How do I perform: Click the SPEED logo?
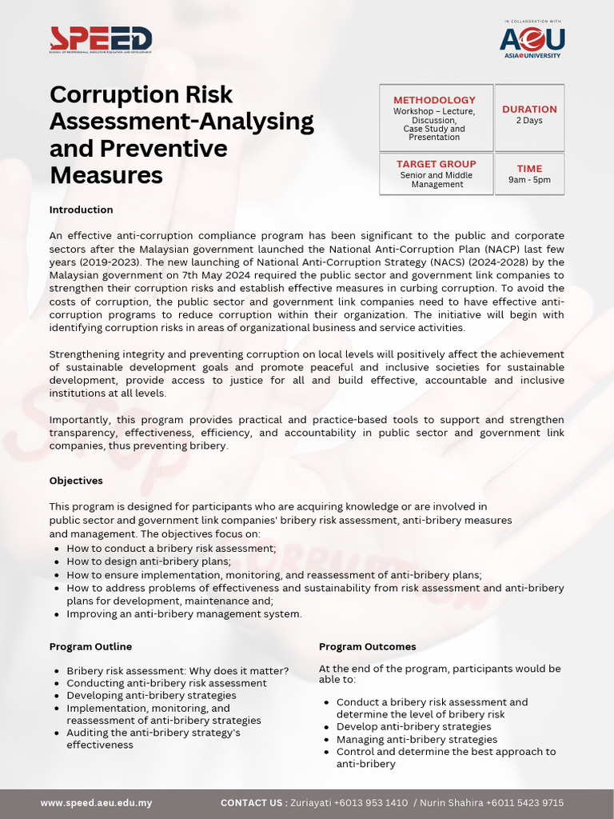(101, 39)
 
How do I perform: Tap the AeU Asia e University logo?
(532, 40)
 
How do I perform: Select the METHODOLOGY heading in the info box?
(435, 100)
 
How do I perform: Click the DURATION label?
(529, 109)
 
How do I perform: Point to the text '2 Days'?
(529, 121)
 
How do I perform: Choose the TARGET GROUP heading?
(437, 164)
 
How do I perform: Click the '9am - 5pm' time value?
(529, 180)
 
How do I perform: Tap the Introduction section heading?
(81, 210)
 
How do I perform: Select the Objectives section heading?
(76, 481)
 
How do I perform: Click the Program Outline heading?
(90, 646)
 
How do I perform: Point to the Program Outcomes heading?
(367, 646)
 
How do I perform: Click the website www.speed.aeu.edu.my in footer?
(96, 802)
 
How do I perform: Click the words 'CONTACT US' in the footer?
(253, 802)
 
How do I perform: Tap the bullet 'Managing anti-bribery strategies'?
(417, 740)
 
